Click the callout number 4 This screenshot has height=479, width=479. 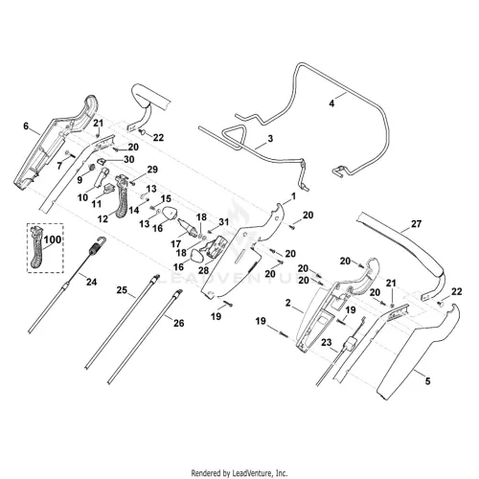point(331,103)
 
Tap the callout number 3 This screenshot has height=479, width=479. point(270,139)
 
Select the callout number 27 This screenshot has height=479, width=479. point(416,224)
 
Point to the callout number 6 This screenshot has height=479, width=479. point(26,126)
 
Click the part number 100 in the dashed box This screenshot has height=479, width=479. point(53,239)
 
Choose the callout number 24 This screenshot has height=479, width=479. point(91,282)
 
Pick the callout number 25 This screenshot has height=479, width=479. point(122,290)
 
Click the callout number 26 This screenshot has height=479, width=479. point(179,323)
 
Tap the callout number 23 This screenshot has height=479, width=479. point(327,343)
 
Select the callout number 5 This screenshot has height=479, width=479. point(427,381)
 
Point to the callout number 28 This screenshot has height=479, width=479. point(203,270)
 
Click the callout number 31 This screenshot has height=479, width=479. point(224,221)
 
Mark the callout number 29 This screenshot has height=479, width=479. point(152,170)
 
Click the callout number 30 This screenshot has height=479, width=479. point(128,159)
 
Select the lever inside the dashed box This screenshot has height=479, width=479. point(36,247)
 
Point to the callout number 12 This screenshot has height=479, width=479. point(103,219)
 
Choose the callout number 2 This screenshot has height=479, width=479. point(288,303)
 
